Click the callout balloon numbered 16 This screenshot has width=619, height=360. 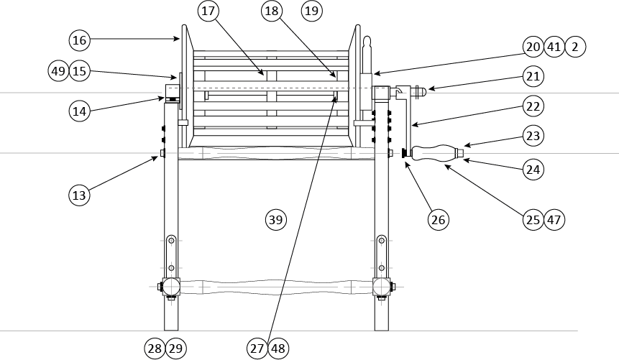coord(80,40)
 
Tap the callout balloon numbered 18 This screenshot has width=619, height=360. coord(272,11)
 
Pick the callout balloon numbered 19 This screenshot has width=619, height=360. coord(312,11)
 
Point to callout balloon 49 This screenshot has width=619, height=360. coord(60,70)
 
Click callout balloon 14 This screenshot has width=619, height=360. coord(80,111)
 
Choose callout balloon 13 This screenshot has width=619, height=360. coord(80,194)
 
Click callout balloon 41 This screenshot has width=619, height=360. coord(554,47)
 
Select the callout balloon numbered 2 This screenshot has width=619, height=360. coord(575,47)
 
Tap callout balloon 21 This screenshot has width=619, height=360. coord(533,75)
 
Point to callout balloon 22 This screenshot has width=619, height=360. coord(533,106)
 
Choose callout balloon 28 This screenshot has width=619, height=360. coord(155,349)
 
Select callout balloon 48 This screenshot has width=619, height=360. coord(278,349)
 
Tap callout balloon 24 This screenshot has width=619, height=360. coord(533,170)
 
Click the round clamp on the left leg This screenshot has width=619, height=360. coord(170,287)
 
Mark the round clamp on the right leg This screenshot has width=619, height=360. coord(382,287)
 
